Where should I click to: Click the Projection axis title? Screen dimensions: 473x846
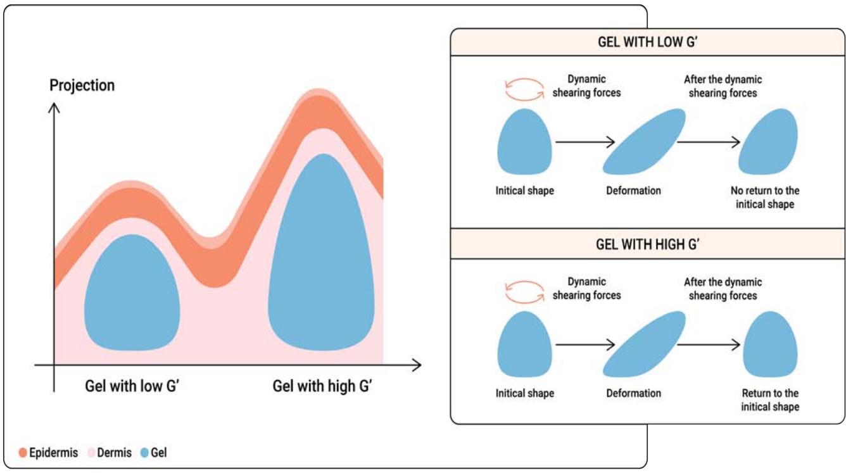click(x=82, y=85)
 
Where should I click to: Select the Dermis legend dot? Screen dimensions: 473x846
click(x=91, y=453)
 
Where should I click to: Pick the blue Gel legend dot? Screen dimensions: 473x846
click(x=145, y=453)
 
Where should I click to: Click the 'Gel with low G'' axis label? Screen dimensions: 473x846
click(x=133, y=386)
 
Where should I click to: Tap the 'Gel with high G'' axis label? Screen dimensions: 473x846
click(x=322, y=386)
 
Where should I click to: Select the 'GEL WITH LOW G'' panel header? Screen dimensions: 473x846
click(x=647, y=42)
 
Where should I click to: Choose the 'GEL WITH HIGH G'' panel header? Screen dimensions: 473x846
click(x=647, y=244)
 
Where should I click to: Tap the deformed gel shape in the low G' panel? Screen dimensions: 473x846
click(x=643, y=141)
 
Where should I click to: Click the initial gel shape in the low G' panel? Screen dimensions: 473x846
click(x=524, y=141)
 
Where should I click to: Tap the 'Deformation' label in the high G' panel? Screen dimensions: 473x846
click(x=633, y=393)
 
